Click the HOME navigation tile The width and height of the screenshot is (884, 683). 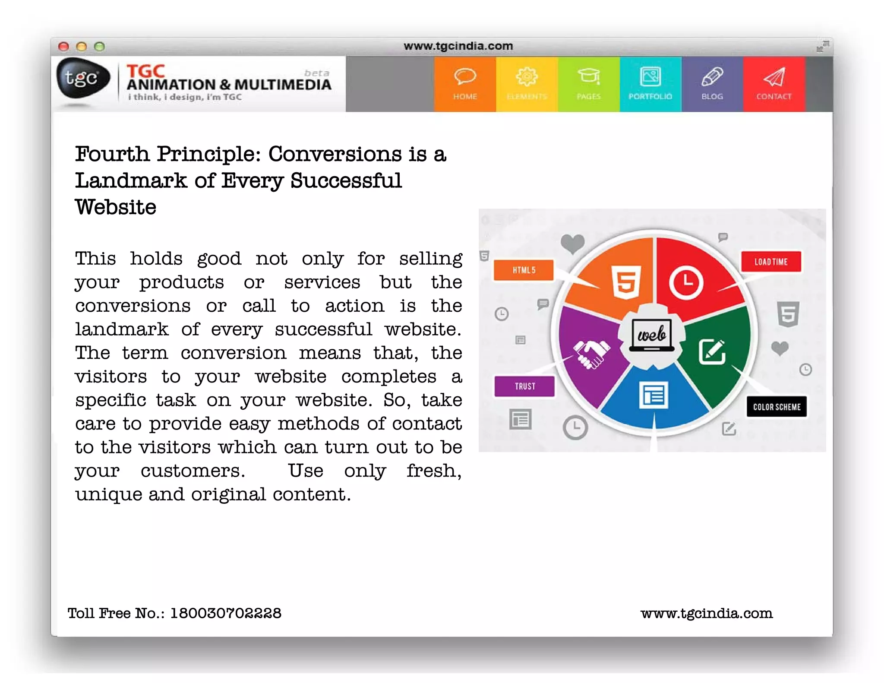[465, 84]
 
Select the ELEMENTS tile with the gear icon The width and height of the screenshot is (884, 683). [527, 84]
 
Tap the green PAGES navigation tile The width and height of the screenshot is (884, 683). [588, 84]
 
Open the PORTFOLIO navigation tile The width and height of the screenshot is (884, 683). [650, 84]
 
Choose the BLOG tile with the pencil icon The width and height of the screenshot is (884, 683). [712, 84]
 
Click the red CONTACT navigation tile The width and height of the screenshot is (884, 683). [774, 84]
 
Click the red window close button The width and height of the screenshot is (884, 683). [64, 47]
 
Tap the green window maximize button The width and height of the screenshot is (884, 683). [100, 47]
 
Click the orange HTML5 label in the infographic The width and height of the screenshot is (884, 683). [524, 270]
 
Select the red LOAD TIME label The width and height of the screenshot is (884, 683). [771, 262]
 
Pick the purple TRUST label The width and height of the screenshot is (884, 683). [524, 386]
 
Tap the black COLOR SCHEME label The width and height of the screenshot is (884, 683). [777, 407]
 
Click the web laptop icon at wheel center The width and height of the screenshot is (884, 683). [652, 335]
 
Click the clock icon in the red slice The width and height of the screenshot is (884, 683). [686, 283]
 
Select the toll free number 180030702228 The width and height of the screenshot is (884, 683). [226, 613]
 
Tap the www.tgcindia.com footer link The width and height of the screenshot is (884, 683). [707, 613]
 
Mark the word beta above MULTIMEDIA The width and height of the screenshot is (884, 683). [316, 73]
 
